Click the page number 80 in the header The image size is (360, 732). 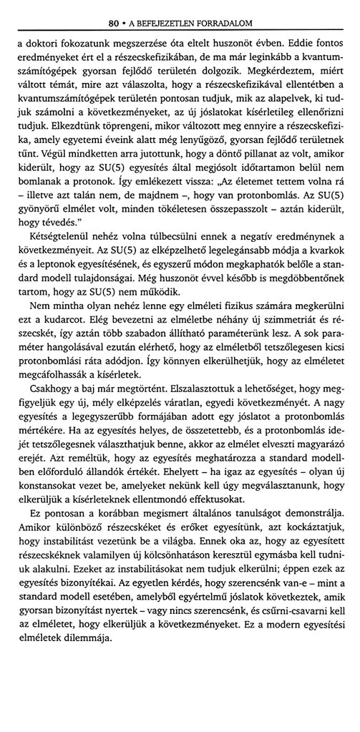click(112, 11)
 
